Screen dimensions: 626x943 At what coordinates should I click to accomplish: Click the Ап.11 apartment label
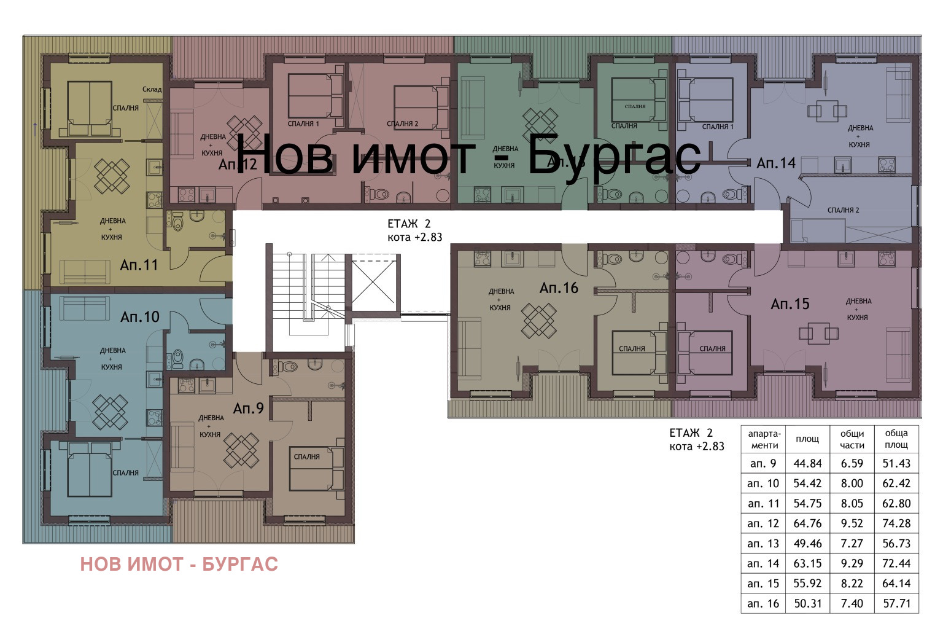139,265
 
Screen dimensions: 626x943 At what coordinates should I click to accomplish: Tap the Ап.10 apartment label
139,317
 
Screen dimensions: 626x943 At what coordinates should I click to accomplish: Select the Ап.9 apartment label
248,409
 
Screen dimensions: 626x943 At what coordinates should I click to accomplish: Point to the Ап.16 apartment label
559,288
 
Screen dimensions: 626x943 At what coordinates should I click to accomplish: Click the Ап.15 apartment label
790,304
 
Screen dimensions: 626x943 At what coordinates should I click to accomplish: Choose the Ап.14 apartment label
775,163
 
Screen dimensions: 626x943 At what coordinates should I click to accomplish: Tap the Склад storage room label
152,90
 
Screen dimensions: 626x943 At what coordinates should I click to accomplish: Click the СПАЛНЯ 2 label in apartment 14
843,210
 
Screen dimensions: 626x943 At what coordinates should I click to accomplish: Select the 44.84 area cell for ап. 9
807,464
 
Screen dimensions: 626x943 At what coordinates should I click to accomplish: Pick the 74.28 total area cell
896,523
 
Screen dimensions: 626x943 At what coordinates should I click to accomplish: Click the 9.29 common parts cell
852,563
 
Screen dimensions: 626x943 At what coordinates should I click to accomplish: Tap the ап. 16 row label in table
763,604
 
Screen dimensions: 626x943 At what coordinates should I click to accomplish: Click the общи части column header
852,439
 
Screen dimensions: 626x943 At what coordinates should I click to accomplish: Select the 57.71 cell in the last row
896,604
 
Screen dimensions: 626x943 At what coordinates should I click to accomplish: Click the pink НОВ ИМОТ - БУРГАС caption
179,564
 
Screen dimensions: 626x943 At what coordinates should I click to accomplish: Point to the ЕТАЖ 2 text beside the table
691,433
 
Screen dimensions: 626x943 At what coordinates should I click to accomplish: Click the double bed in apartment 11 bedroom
90,108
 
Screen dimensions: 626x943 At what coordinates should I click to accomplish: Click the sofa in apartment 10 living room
85,308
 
